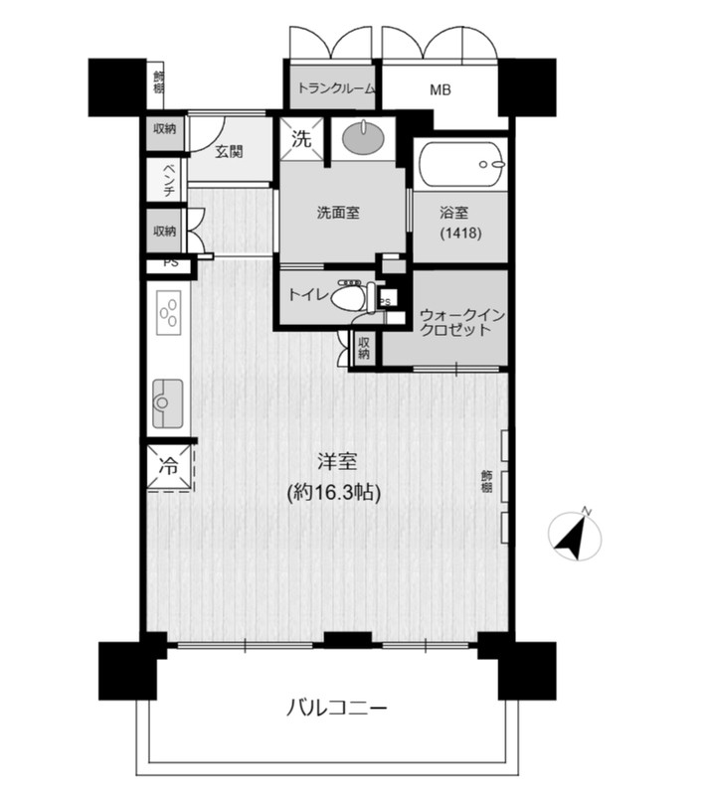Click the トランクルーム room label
pyautogui.click(x=336, y=88)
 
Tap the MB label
pyautogui.click(x=441, y=90)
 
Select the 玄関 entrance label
pyautogui.click(x=229, y=151)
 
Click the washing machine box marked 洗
pyautogui.click(x=301, y=138)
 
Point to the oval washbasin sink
pyautogui.click(x=364, y=136)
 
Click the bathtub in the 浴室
pyautogui.click(x=460, y=164)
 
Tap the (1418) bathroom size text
pyautogui.click(x=460, y=233)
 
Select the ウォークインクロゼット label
pyautogui.click(x=461, y=322)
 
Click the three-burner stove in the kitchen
pyautogui.click(x=169, y=313)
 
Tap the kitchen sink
pyautogui.click(x=167, y=403)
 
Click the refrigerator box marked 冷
pyautogui.click(x=169, y=466)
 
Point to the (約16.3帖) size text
pyautogui.click(x=334, y=492)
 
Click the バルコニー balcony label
pyautogui.click(x=337, y=708)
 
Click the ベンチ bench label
pyautogui.click(x=169, y=180)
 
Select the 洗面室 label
pyautogui.click(x=338, y=213)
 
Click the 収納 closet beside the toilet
pyautogui.click(x=363, y=347)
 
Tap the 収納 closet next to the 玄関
pyautogui.click(x=165, y=129)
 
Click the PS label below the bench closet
pyautogui.click(x=171, y=263)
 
